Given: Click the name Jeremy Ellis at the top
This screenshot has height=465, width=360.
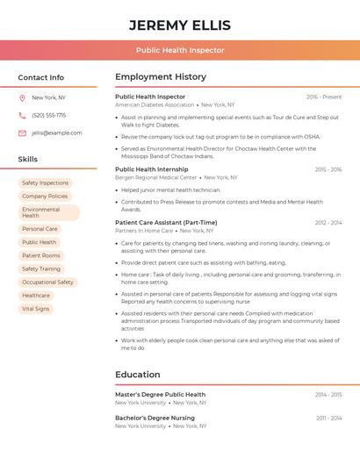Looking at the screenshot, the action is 180,25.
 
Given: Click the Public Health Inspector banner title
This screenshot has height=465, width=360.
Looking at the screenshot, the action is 180,51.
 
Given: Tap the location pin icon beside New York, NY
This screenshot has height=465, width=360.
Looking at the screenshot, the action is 22,97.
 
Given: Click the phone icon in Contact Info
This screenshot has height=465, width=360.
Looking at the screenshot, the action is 22,115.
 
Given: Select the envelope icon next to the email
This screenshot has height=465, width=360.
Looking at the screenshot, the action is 22,133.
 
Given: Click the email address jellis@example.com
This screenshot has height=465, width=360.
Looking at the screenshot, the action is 57,133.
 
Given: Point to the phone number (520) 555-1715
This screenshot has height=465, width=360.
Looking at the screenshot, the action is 49,115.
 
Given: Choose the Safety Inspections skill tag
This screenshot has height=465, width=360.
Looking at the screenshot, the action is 45,183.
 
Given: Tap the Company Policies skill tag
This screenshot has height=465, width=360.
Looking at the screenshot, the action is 45,197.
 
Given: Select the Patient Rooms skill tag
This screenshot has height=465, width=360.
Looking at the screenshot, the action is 41,255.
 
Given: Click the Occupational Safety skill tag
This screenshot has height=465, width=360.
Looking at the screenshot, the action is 47,283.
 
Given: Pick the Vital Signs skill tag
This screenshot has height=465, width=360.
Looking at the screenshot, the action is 36,309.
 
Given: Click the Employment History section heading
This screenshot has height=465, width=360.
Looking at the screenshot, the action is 161,77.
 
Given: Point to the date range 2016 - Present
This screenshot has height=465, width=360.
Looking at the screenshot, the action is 324,97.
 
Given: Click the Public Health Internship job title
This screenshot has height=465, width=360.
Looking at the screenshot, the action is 152,169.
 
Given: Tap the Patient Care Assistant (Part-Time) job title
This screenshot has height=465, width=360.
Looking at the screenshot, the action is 166,223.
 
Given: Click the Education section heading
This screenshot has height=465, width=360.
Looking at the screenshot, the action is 138,375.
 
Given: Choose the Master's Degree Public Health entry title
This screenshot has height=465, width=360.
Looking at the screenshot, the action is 161,395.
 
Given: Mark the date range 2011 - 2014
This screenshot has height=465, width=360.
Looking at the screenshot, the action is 329,418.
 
